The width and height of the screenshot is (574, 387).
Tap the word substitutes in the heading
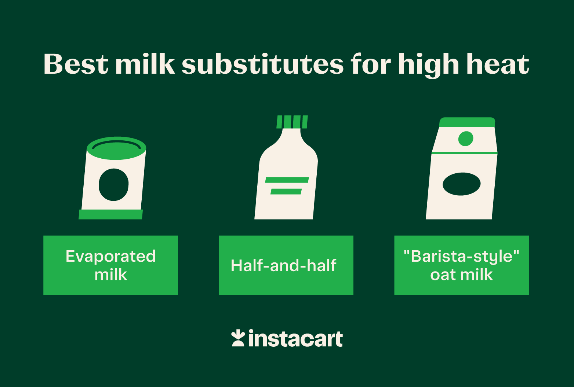point(262,64)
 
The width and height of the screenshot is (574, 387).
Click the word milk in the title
point(145,64)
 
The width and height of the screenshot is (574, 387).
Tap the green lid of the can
point(116,148)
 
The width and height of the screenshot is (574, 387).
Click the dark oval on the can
point(114,185)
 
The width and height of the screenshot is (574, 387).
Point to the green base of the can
point(110,214)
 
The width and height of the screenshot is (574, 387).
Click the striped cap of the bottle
point(292,122)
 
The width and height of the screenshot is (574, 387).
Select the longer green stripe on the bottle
point(287,180)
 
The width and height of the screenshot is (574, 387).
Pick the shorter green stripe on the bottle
point(286,191)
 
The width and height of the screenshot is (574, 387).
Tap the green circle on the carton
point(466,139)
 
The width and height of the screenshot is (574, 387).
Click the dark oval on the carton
point(461,184)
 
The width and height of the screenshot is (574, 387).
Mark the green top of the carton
point(467,122)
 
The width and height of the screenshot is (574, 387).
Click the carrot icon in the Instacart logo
point(238,339)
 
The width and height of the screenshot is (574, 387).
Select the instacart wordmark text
point(295,339)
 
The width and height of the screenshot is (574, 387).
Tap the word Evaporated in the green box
point(110,256)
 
